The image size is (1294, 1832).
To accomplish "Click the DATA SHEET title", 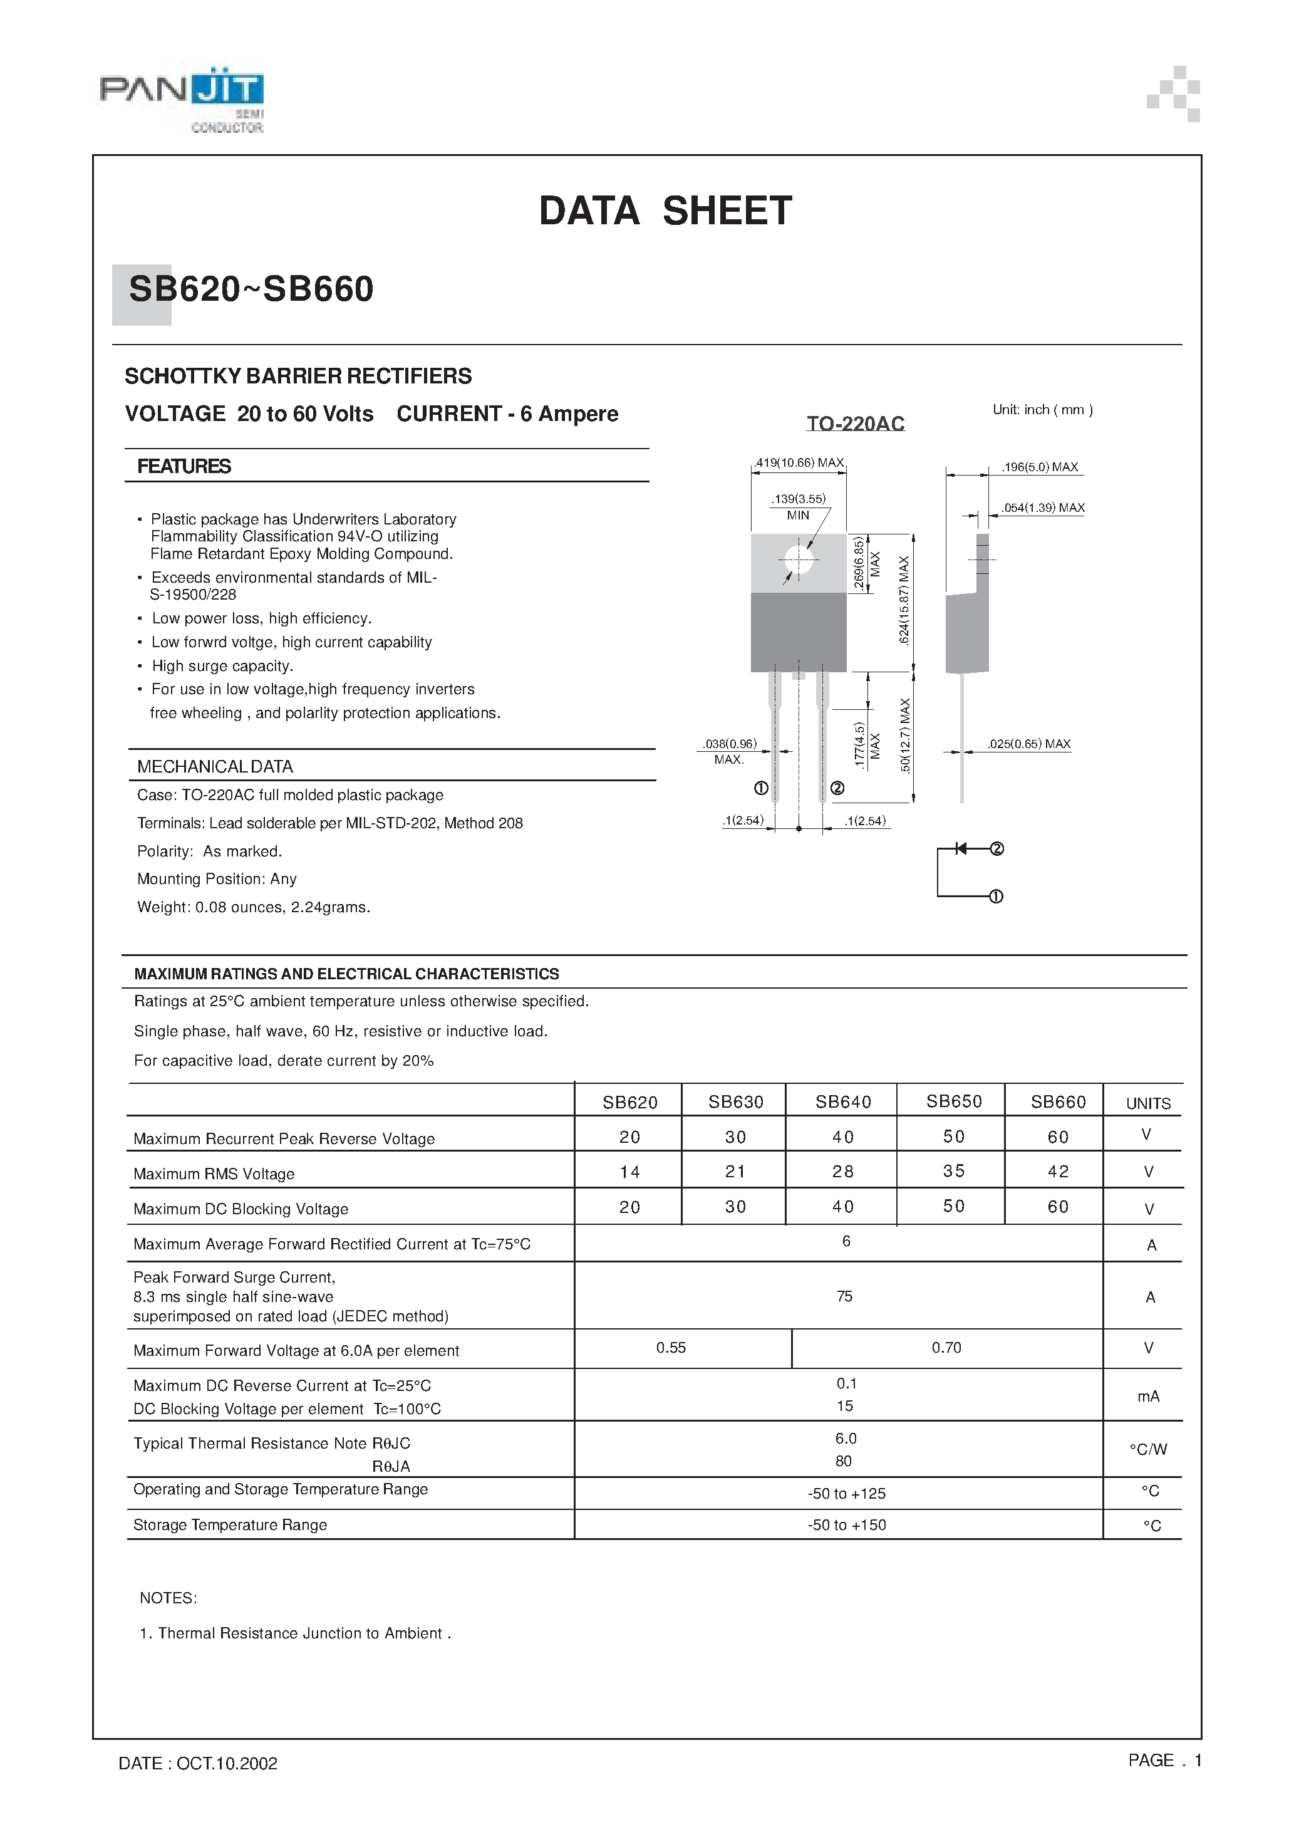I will pyautogui.click(x=665, y=211).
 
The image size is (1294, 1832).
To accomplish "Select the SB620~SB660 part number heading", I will pyautogui.click(x=251, y=289).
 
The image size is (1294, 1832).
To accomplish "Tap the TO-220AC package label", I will pyautogui.click(x=854, y=424).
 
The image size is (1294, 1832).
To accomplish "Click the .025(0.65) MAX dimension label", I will pyautogui.click(x=1028, y=744).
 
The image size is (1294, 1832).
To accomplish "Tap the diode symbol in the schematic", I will pyautogui.click(x=961, y=849).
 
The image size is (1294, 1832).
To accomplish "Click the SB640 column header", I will pyautogui.click(x=842, y=1102).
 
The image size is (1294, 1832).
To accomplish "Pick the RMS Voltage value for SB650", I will pyautogui.click(x=953, y=1172).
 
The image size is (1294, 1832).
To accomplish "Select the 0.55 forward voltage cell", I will pyautogui.click(x=671, y=1348).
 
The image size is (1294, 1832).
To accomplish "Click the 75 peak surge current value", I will pyautogui.click(x=845, y=1296).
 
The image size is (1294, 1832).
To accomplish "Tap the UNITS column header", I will pyautogui.click(x=1147, y=1103).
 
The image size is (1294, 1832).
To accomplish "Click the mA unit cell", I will pyautogui.click(x=1148, y=1397).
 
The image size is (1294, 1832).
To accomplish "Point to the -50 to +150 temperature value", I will pyautogui.click(x=846, y=1525).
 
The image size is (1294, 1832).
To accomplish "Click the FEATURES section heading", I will pyautogui.click(x=184, y=467).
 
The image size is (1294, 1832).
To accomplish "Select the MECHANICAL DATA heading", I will pyautogui.click(x=215, y=767).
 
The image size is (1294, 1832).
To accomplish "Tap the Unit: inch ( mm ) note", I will pyautogui.click(x=1042, y=410).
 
